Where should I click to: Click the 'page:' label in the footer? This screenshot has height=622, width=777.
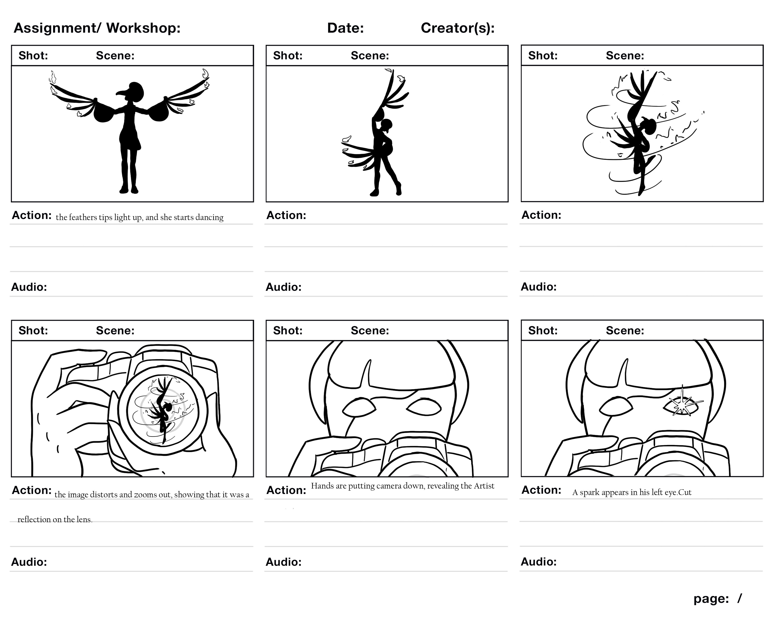[711, 599]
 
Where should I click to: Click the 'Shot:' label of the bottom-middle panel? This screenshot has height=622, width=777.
[287, 331]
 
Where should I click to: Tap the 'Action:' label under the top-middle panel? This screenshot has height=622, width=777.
[286, 215]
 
